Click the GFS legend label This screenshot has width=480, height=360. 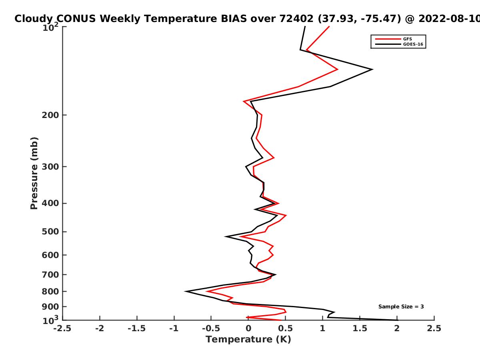coord(408,39)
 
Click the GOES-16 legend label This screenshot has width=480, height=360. coord(413,44)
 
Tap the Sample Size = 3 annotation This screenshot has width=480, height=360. coord(401,307)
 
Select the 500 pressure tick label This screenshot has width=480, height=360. coord(50,232)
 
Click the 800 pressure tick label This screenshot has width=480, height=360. coord(50,291)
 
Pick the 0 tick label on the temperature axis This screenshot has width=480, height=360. coord(248,328)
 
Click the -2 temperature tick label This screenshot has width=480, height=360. coord(100,328)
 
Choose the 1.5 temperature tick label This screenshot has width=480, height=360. coord(360,328)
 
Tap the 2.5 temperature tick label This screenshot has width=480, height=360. coord(434,328)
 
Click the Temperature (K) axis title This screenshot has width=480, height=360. coord(248,340)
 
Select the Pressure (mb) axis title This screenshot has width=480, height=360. coord(34,173)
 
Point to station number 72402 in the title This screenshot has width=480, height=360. coord(296,19)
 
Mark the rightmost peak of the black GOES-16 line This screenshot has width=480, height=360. coord(372,70)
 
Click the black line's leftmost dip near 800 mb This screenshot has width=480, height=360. coord(186,291)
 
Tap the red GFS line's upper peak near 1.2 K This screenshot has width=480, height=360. coord(338,70)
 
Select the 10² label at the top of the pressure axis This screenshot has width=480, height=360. coord(50,27)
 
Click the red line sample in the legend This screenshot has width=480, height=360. coord(388,39)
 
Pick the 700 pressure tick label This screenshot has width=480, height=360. coord(50,275)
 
